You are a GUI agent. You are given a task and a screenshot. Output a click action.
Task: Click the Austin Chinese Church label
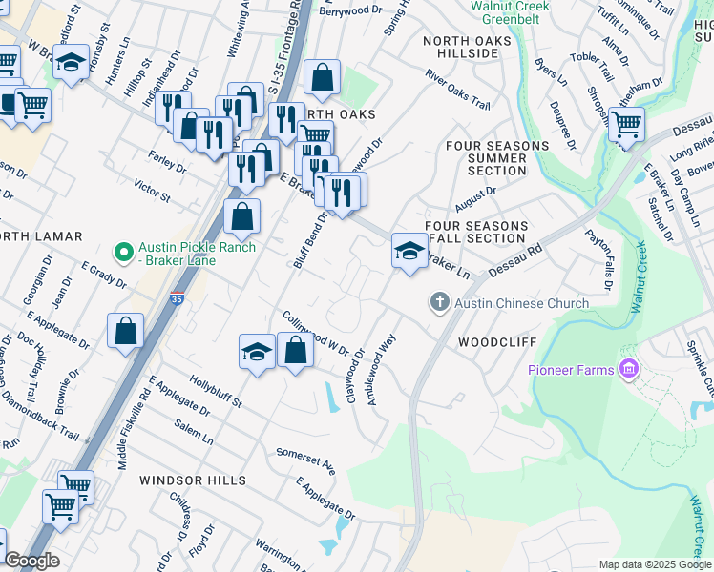click(x=521, y=303)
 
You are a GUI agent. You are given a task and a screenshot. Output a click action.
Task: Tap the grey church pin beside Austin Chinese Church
click(x=440, y=303)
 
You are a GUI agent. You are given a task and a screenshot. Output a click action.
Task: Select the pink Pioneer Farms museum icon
click(x=628, y=368)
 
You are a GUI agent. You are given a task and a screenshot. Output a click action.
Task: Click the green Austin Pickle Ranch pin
click(x=122, y=253)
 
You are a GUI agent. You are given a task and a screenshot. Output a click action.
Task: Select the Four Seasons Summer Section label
click(x=497, y=158)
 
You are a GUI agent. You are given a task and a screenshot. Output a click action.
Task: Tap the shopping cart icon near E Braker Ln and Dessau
click(x=626, y=124)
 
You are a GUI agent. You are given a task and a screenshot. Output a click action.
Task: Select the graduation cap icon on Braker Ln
click(x=409, y=251)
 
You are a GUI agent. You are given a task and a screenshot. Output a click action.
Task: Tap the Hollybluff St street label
click(x=215, y=390)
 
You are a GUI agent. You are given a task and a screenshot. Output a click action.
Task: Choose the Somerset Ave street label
click(x=305, y=460)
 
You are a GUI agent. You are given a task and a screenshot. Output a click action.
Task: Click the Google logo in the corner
click(x=31, y=561)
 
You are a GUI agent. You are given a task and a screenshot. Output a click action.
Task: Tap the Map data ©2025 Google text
click(x=654, y=564)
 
